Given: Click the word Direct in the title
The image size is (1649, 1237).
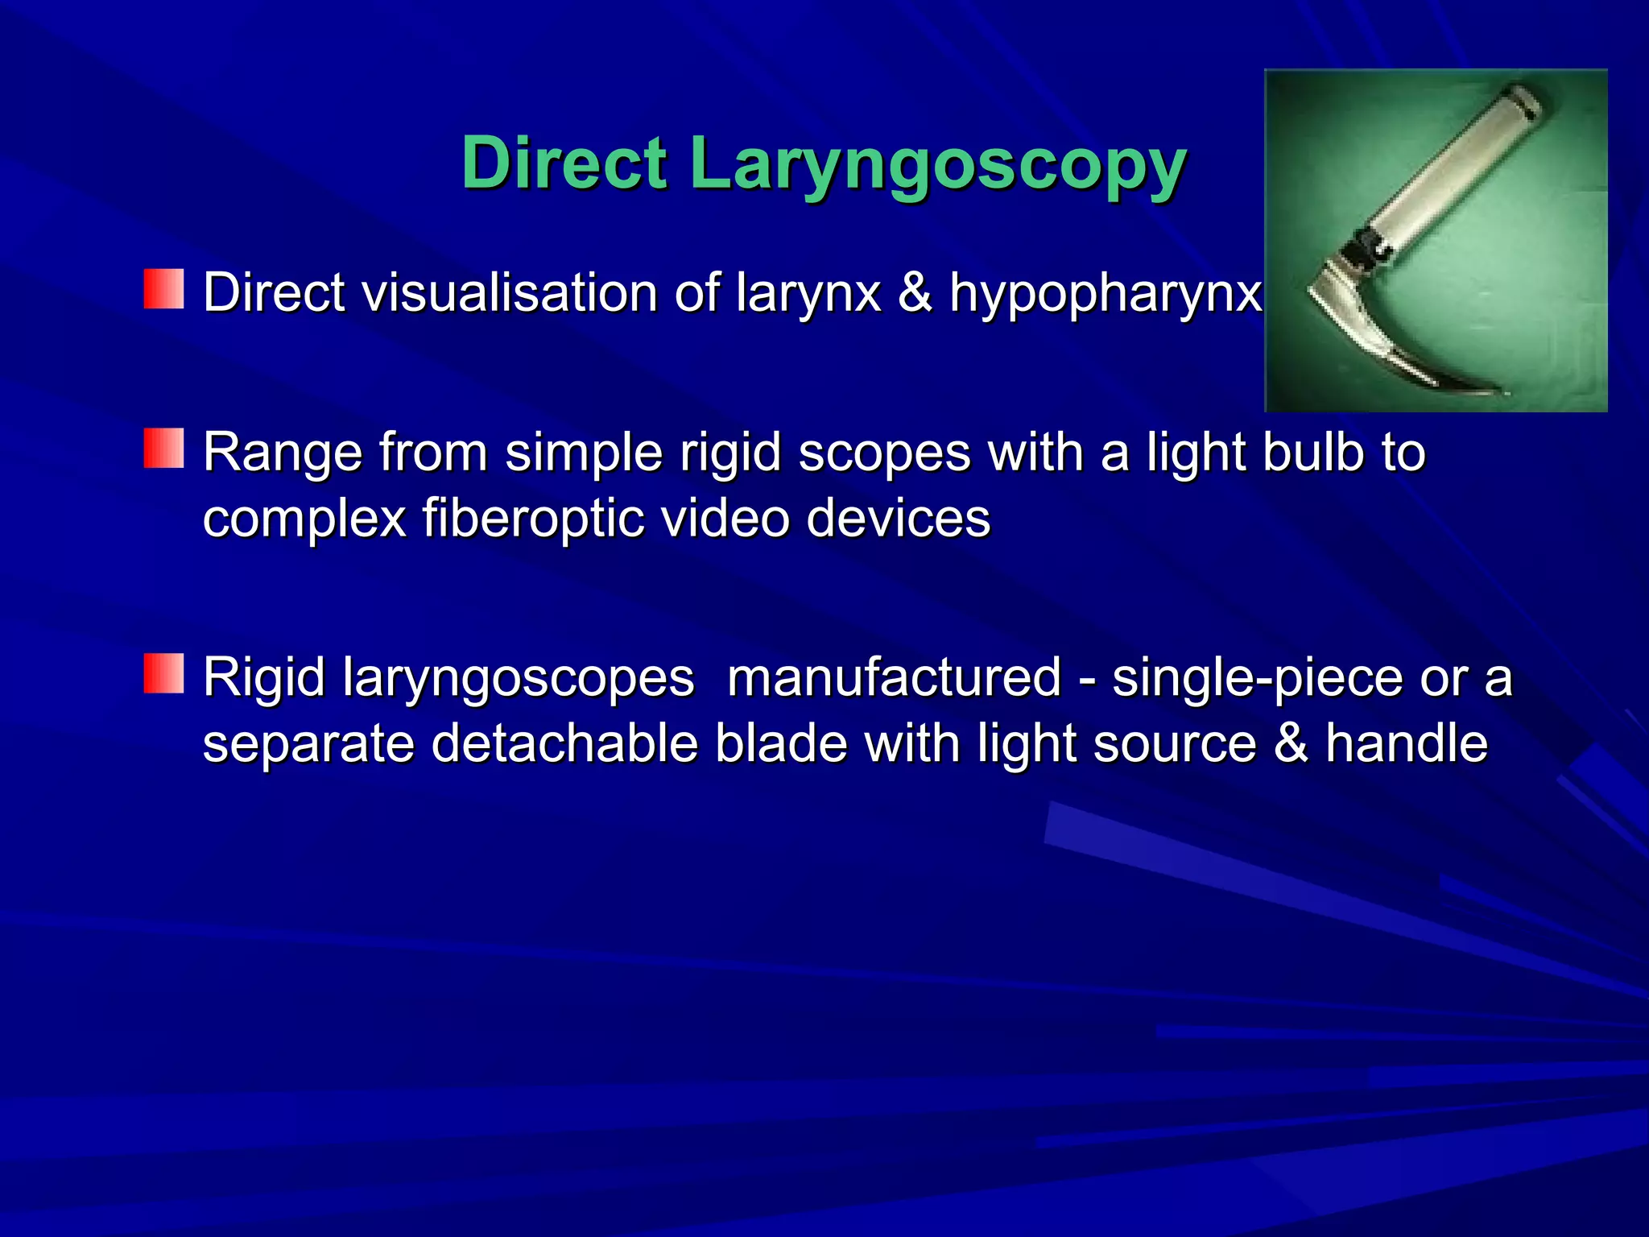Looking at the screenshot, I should click(x=564, y=163).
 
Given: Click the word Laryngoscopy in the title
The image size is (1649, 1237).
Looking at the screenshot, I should click(x=938, y=165).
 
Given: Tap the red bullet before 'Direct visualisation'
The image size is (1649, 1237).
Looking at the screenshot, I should click(x=164, y=290).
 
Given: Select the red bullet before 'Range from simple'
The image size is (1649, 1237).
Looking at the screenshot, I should click(x=164, y=449).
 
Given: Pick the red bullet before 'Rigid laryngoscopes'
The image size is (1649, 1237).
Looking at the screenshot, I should click(x=164, y=674).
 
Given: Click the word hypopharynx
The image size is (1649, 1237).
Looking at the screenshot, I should click(x=1105, y=294).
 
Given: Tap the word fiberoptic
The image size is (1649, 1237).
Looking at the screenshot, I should click(x=533, y=519).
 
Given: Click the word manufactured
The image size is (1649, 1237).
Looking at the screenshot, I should click(x=894, y=677).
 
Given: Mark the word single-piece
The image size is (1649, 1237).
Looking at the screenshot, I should click(x=1257, y=679).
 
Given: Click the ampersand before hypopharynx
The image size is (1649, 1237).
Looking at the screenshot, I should click(x=915, y=292).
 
